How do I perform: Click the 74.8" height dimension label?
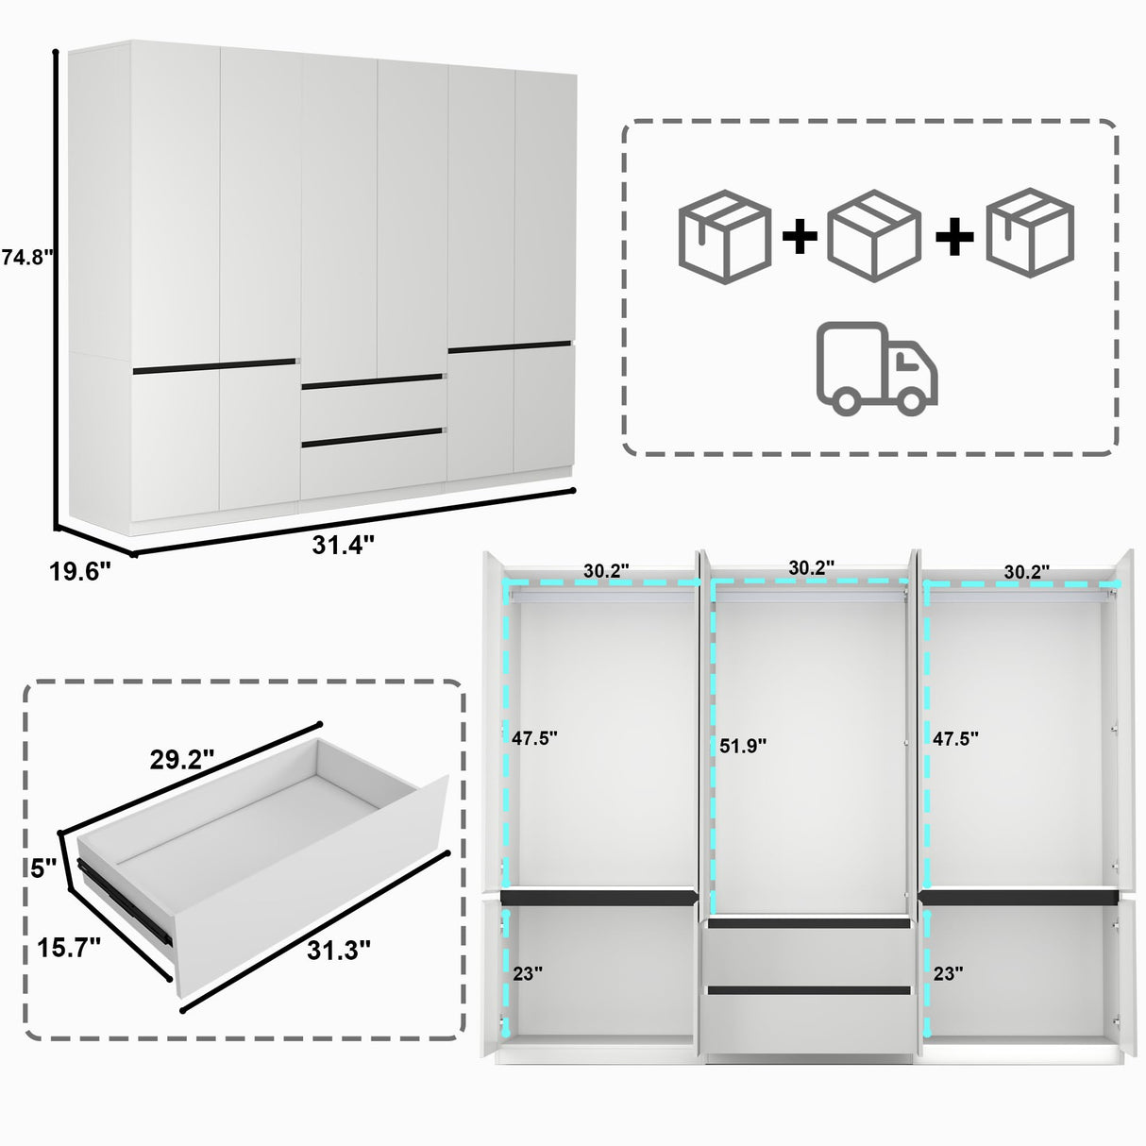click(x=25, y=257)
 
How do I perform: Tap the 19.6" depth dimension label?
click(x=79, y=571)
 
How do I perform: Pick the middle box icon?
click(x=873, y=235)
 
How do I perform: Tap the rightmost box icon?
click(x=1031, y=232)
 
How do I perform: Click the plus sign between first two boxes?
click(x=800, y=236)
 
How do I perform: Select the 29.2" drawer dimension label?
click(x=182, y=759)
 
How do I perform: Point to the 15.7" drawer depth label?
click(x=69, y=948)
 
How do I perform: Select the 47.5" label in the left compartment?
click(x=534, y=738)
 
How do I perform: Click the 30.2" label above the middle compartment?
click(x=811, y=568)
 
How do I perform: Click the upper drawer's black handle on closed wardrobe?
click(x=371, y=381)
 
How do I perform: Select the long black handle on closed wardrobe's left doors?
click(x=214, y=366)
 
